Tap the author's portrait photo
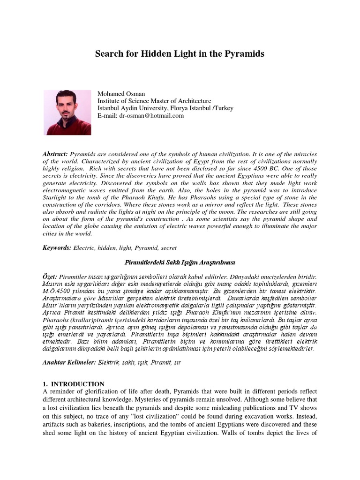click(67, 112)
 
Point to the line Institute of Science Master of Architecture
click(154, 101)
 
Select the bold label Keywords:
click(57, 247)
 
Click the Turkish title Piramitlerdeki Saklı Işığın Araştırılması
click(180, 262)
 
